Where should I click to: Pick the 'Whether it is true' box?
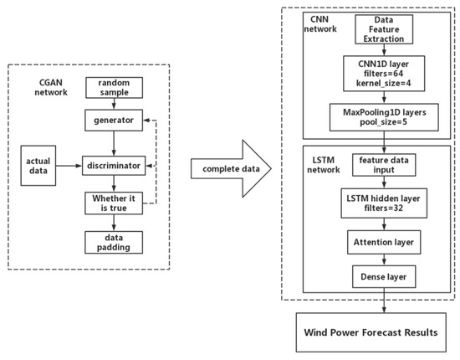pos(113,203)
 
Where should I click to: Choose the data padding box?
pos(113,243)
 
